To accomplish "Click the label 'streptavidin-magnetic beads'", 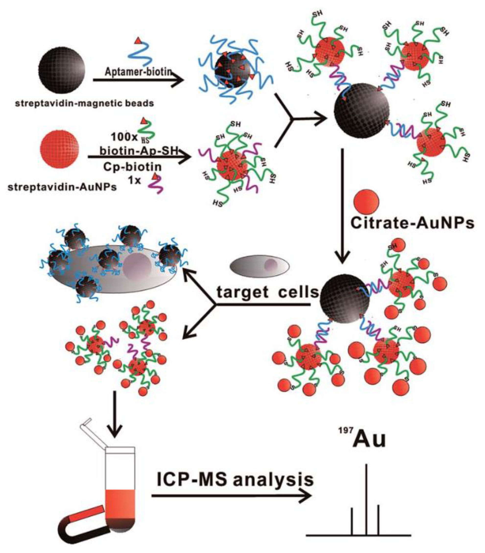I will [84, 103].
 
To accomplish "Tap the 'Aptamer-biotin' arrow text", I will [138, 72].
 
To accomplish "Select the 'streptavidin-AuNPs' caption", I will [62, 187].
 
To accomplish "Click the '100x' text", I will [124, 137].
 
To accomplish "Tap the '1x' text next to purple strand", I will [134, 180].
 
